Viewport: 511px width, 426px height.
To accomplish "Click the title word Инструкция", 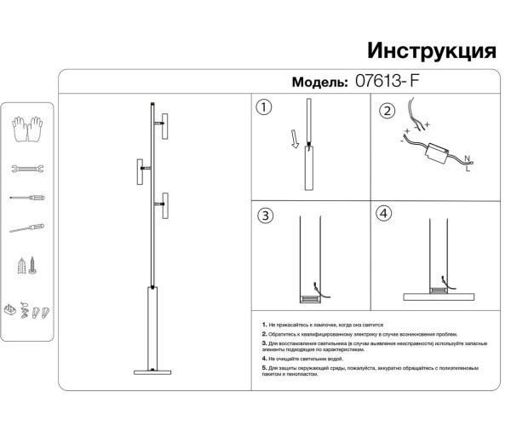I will point(431,49).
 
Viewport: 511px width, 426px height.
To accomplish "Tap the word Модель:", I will point(319,83).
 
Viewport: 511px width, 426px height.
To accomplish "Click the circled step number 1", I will point(264,108).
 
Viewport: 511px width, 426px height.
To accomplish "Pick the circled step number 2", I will point(388,112).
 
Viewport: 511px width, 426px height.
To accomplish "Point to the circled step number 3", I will point(266,216).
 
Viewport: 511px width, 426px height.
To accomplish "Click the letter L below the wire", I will point(468,170).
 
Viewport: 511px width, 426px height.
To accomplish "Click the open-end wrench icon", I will point(27,170).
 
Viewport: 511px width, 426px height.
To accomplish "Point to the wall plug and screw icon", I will point(27,265).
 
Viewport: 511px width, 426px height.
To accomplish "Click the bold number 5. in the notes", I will point(265,368).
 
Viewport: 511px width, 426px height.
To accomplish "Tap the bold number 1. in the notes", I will point(265,325).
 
